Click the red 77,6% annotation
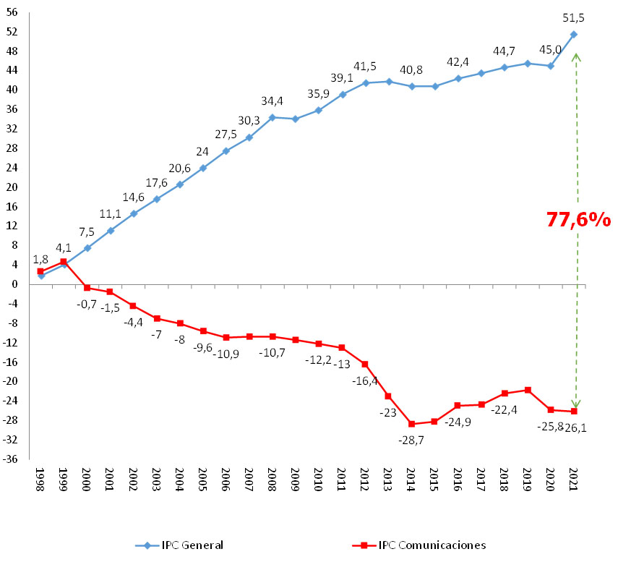click(x=578, y=220)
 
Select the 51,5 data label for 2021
click(x=574, y=17)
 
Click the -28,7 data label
click(x=411, y=439)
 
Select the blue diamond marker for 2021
click(x=574, y=34)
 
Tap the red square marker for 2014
click(x=412, y=424)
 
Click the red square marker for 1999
click(x=64, y=262)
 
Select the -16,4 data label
click(x=366, y=381)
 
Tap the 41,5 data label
click(x=366, y=66)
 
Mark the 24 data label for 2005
click(x=203, y=152)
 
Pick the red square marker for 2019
click(x=528, y=390)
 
